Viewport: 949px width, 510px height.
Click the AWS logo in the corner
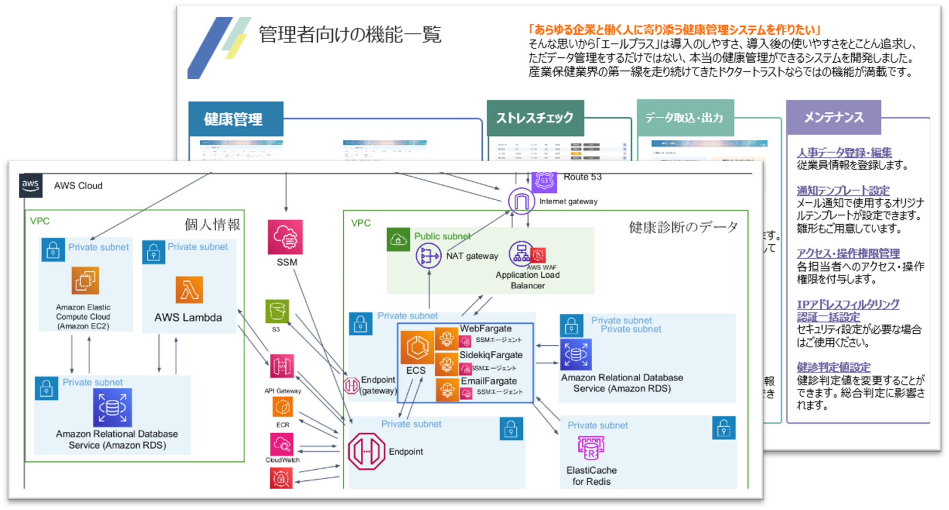30,185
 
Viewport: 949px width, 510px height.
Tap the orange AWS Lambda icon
189,290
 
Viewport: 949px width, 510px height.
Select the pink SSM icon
285,237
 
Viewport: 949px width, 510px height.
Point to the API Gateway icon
282,367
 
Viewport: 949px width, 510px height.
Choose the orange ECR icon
282,407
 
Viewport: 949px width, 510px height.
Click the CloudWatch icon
282,444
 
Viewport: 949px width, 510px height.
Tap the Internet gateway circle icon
521,201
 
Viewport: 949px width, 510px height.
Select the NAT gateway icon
428,256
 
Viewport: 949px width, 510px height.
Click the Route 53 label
582,177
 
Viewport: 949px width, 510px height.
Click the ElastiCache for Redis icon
591,448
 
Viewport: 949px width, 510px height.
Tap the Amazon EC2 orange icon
85,280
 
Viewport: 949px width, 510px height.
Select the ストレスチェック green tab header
535,118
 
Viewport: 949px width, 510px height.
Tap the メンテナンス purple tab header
833,117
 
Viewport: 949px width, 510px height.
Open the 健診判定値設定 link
833,367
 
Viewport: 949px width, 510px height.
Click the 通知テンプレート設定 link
843,190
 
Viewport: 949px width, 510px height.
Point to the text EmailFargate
489,381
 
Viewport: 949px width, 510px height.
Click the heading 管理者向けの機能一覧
349,35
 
